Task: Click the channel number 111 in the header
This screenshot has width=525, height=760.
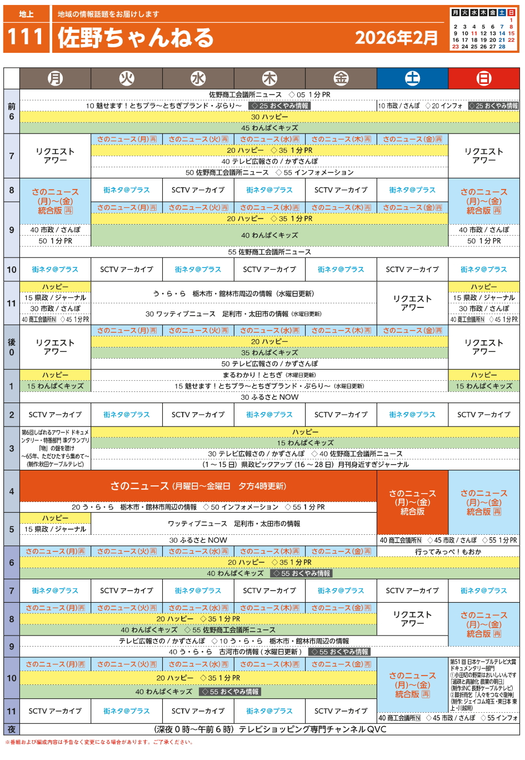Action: (x=26, y=37)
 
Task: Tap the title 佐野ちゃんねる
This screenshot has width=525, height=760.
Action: (x=136, y=38)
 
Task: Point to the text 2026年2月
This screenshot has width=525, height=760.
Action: (x=397, y=38)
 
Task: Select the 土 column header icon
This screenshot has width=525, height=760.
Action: (x=412, y=78)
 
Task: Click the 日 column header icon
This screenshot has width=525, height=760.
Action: (x=484, y=78)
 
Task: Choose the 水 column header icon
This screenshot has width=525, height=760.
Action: (x=198, y=78)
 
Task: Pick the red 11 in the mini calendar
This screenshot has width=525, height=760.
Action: (x=474, y=33)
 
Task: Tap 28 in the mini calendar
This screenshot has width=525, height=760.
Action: (x=502, y=47)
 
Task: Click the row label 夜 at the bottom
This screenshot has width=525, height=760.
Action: (x=12, y=729)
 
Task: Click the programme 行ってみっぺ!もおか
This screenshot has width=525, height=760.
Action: (x=448, y=552)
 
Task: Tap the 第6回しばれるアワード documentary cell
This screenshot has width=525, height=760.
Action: (x=55, y=448)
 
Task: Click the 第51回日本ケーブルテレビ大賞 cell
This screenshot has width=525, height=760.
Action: (x=484, y=684)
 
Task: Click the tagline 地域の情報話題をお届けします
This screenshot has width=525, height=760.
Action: (x=108, y=14)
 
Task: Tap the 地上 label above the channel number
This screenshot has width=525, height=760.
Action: (x=26, y=14)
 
